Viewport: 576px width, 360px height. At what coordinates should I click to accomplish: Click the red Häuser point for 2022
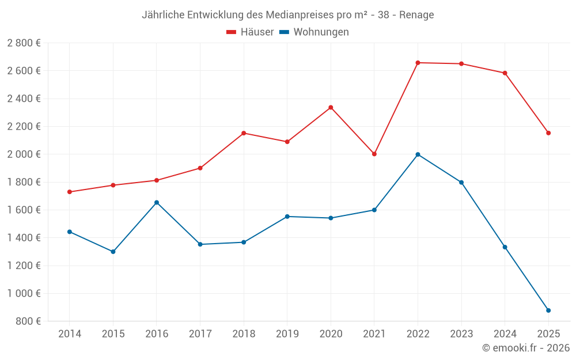[x=418, y=63]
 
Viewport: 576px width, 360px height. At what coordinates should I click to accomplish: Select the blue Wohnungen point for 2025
[x=548, y=310]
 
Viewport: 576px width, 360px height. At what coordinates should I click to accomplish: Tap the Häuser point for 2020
[x=331, y=107]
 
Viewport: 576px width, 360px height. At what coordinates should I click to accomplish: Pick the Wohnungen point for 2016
[x=157, y=203]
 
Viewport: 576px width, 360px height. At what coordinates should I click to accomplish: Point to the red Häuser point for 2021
[x=374, y=154]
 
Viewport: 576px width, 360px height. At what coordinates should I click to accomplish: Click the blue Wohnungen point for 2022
[x=418, y=154]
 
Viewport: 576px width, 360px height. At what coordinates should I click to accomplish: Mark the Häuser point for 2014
[x=70, y=192]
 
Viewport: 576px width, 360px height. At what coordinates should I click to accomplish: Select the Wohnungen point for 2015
[x=113, y=252]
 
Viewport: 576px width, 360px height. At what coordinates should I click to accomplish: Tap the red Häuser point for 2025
[x=548, y=133]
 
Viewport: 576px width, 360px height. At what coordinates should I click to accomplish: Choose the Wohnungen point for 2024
[x=505, y=247]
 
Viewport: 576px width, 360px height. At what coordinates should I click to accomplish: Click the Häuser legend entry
[x=250, y=32]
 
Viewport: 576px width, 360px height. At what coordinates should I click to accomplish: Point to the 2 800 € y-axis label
[x=24, y=43]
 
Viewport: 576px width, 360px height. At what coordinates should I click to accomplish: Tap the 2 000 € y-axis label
[x=24, y=154]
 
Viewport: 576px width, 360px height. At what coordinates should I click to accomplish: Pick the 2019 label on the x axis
[x=287, y=334]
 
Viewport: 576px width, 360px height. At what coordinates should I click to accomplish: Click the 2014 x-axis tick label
[x=70, y=334]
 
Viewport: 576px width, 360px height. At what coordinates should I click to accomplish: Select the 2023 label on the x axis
[x=461, y=334]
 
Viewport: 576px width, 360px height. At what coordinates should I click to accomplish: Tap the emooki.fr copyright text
[x=525, y=348]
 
